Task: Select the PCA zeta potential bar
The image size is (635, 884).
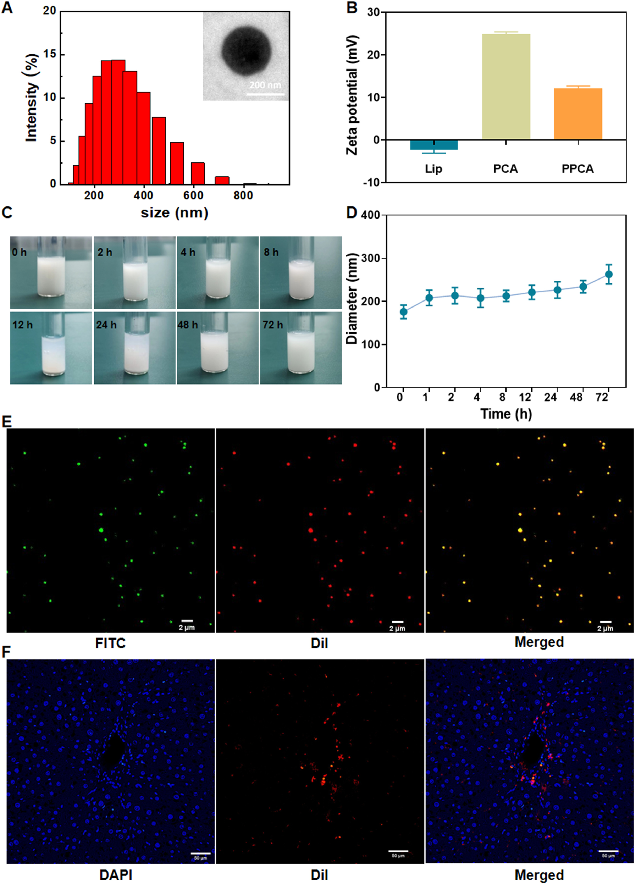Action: (506, 87)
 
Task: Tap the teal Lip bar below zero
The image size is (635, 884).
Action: (433, 145)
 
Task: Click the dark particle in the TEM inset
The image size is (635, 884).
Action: (245, 51)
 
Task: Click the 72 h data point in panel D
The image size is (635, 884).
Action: (608, 274)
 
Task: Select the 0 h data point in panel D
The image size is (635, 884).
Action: (404, 312)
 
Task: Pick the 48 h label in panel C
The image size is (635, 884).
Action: (188, 325)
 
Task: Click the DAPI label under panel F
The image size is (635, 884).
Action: (116, 875)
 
